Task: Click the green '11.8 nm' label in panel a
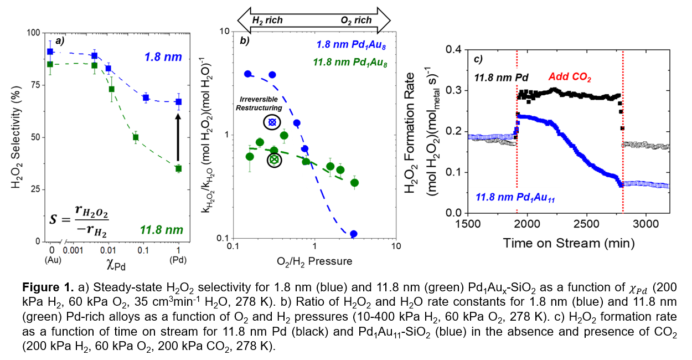pos(162,229)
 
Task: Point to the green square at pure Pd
pos(178,168)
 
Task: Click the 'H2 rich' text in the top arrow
pos(267,20)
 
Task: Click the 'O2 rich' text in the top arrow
pos(357,20)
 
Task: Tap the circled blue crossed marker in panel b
pos(272,122)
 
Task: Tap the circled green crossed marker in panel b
pos(274,160)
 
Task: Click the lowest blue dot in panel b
pos(354,234)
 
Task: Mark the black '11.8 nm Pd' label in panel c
pos(499,78)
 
